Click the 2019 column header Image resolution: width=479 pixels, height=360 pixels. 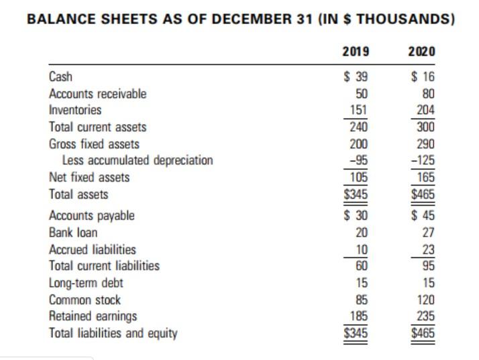(x=355, y=52)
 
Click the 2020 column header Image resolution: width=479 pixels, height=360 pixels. (x=421, y=52)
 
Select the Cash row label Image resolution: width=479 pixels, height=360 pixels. (x=61, y=76)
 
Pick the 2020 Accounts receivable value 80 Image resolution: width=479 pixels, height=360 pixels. (x=427, y=93)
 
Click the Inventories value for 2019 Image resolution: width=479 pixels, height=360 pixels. (x=358, y=110)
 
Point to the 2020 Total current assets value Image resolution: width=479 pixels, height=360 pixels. (x=425, y=127)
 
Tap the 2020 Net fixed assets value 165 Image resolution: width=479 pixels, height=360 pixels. (x=425, y=178)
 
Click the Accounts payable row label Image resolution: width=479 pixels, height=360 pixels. (x=92, y=215)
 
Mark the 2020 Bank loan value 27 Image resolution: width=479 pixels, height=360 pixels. (x=427, y=233)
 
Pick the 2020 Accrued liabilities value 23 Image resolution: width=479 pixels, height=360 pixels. (x=427, y=249)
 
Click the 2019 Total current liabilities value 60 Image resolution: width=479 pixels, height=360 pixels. (x=360, y=265)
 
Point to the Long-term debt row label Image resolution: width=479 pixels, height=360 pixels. (x=86, y=283)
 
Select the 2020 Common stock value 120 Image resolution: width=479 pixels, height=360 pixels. (x=425, y=300)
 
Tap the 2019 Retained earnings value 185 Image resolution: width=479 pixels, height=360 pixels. (x=358, y=316)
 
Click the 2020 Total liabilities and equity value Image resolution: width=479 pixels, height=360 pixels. (x=423, y=332)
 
